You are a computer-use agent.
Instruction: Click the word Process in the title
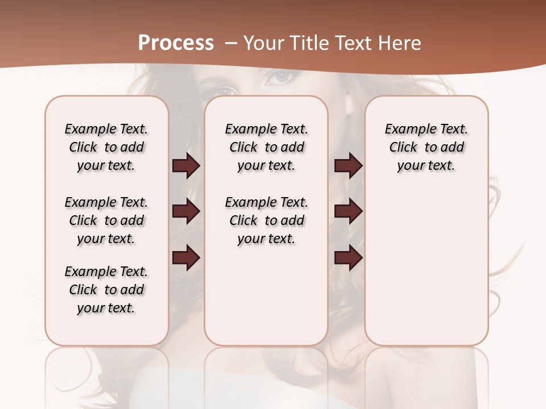click(x=176, y=43)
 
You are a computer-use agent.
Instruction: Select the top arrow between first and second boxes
click(x=186, y=166)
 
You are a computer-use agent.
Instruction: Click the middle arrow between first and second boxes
click(x=186, y=212)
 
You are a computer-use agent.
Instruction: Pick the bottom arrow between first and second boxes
click(x=186, y=258)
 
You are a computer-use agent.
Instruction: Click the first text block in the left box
click(x=106, y=147)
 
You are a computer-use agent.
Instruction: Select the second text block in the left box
click(x=106, y=220)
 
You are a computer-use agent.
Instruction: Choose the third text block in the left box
click(x=106, y=290)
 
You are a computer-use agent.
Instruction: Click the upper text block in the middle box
click(x=266, y=147)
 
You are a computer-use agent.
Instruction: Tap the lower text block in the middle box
click(x=266, y=220)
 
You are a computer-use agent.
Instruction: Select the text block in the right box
click(x=426, y=147)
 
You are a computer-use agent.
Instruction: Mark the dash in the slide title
click(x=230, y=43)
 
